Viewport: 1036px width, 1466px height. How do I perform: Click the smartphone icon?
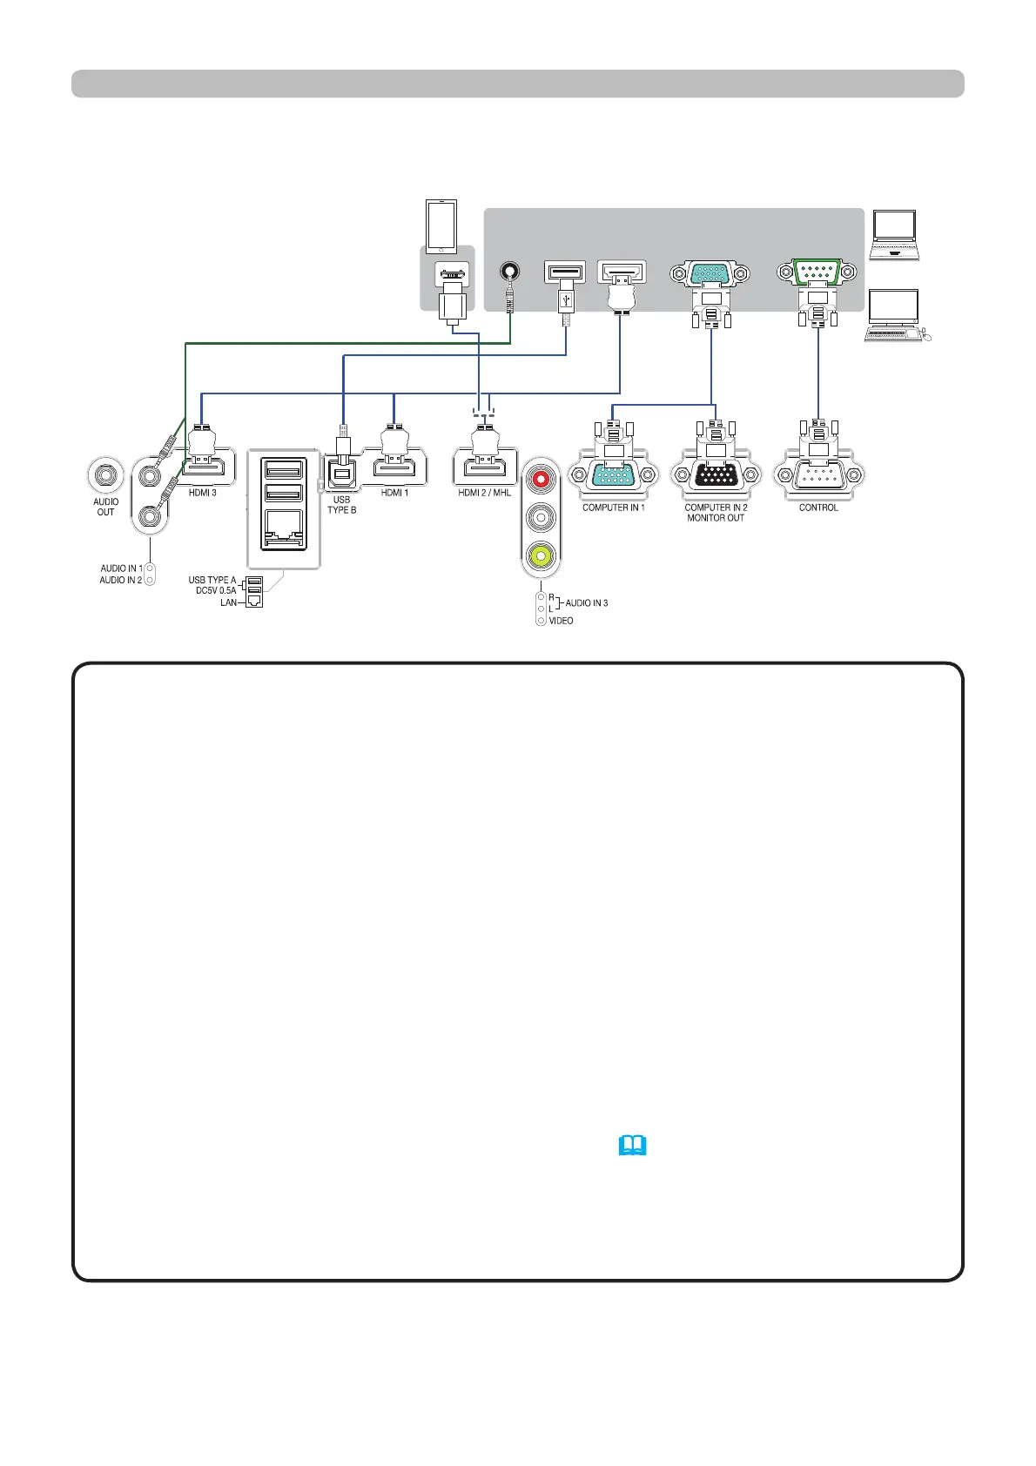coord(441,225)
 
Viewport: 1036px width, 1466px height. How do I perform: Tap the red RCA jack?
coord(542,478)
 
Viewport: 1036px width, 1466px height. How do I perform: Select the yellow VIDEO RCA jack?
coord(542,554)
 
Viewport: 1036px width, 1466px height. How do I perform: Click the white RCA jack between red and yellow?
coord(542,516)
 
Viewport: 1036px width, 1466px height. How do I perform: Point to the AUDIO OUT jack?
coord(106,475)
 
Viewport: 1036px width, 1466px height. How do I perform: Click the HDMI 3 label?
coord(203,493)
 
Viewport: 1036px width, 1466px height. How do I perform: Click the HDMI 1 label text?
coord(394,493)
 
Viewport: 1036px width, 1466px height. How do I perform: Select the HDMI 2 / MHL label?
coord(485,493)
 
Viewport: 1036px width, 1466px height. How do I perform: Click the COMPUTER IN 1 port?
coord(613,475)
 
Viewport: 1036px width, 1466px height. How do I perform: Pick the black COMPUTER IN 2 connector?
coord(716,475)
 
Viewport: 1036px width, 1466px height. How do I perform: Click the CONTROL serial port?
coord(818,475)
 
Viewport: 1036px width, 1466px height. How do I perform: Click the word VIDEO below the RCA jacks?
coord(561,621)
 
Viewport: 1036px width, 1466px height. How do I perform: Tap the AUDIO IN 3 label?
coord(587,602)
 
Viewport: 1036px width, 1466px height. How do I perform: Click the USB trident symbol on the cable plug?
coord(566,299)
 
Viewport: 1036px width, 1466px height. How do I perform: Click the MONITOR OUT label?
coord(716,518)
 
